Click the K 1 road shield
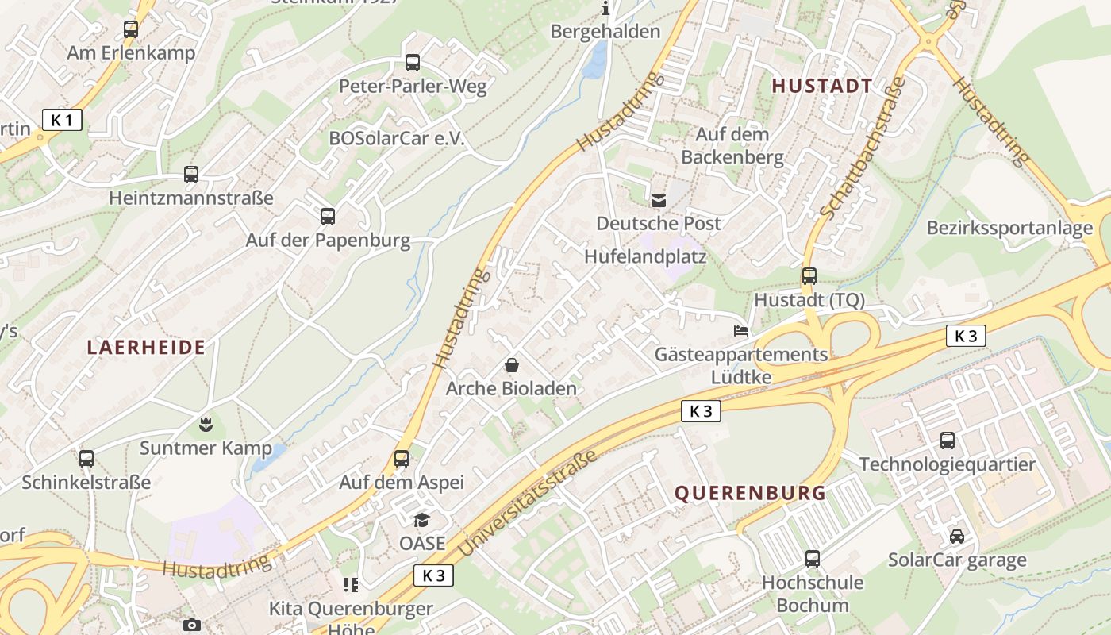[x=62, y=121]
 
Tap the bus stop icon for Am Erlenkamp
[x=131, y=29]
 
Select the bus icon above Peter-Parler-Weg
[x=412, y=63]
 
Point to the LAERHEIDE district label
[x=146, y=347]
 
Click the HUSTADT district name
[x=822, y=86]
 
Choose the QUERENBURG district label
[x=750, y=493]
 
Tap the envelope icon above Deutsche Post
[x=659, y=201]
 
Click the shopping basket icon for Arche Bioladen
[x=512, y=366]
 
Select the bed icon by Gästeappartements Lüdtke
[x=740, y=331]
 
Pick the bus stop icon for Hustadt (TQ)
[x=809, y=276]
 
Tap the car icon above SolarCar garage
[x=957, y=537]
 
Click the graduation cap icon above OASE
[x=421, y=520]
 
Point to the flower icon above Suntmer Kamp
[x=206, y=425]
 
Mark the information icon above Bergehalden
[x=605, y=9]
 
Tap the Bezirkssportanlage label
[x=1009, y=229]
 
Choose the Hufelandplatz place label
[x=644, y=256]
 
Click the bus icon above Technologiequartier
[x=947, y=440]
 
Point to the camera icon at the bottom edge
[x=191, y=625]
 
